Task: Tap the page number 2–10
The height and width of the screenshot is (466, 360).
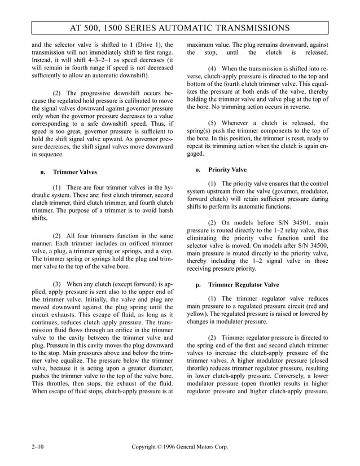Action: pos(38,448)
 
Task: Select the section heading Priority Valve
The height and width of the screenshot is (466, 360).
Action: pos(227,169)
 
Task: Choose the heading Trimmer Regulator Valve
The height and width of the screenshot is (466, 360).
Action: pos(243,285)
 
